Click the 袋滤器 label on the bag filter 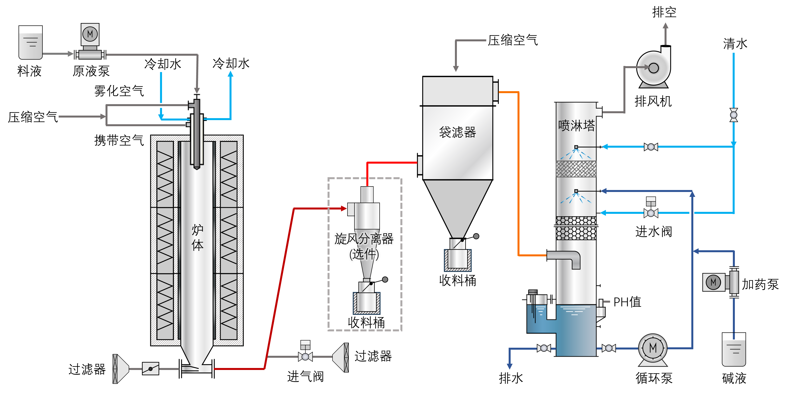pyautogui.click(x=457, y=132)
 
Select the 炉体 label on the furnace pyautogui.click(x=197, y=237)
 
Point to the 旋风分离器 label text pyautogui.click(x=364, y=239)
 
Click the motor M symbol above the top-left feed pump pyautogui.click(x=90, y=34)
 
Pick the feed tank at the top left pyautogui.click(x=31, y=46)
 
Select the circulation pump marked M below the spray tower pyautogui.click(x=653, y=348)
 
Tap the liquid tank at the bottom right pyautogui.click(x=733, y=352)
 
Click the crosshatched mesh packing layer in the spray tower pyautogui.click(x=576, y=169)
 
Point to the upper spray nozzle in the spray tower pyautogui.click(x=576, y=147)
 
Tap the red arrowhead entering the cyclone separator pyautogui.click(x=344, y=209)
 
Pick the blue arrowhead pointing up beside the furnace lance pyautogui.click(x=231, y=74)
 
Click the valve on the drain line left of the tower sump pyautogui.click(x=544, y=348)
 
